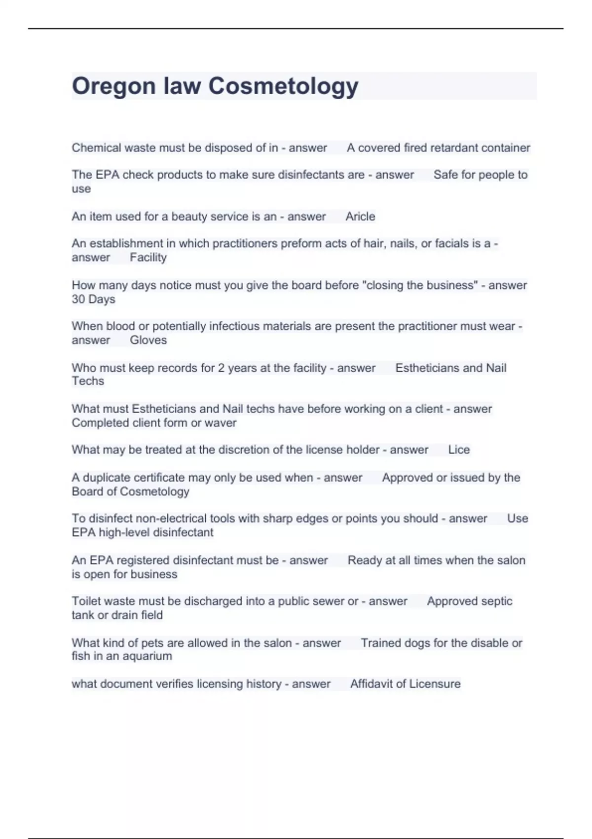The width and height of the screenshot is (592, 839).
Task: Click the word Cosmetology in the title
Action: pos(283,86)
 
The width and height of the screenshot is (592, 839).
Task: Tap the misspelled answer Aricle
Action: pos(360,217)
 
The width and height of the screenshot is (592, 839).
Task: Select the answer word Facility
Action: pos(148,258)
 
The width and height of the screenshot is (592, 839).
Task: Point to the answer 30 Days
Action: pos(93,300)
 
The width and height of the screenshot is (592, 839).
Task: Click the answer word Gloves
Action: pos(148,341)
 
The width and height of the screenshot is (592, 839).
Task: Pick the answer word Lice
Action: pos(459,450)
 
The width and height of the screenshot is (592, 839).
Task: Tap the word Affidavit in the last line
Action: pos(373,684)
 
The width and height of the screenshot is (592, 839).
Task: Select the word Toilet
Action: pos(87,602)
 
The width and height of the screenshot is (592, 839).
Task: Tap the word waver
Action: pos(222,423)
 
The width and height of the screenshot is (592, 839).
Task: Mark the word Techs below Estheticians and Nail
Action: pos(88,381)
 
